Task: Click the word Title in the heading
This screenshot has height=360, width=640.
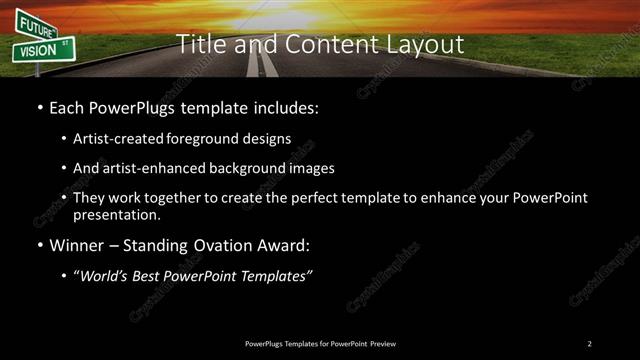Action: [200, 44]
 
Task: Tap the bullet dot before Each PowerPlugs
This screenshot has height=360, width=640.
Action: [39, 108]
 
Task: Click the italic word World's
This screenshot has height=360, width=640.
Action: [104, 277]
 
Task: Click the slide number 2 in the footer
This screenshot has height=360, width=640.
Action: [590, 344]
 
